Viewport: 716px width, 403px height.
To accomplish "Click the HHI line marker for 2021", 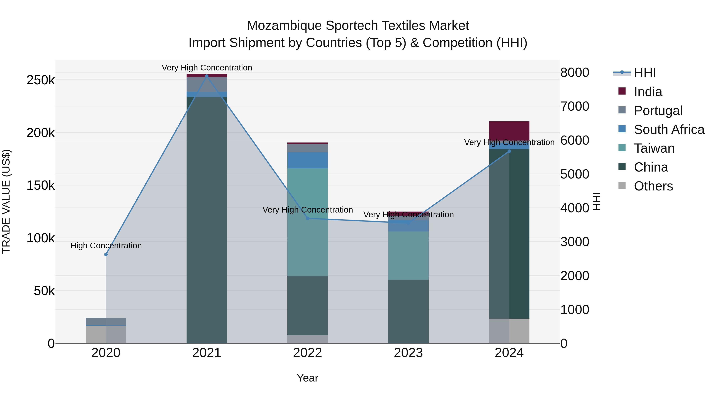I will (206, 76).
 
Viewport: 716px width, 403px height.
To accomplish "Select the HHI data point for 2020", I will (106, 255).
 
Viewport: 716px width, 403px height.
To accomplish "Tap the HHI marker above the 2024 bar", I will (509, 151).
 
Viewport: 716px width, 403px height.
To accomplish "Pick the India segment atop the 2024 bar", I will (509, 131).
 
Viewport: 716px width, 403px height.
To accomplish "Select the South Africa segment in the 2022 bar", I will (307, 160).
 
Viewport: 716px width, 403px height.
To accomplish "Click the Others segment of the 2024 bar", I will (509, 331).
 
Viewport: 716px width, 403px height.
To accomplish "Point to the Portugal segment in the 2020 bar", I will (106, 322).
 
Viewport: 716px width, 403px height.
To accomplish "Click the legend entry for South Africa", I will (669, 130).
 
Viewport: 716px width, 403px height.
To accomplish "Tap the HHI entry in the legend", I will (645, 73).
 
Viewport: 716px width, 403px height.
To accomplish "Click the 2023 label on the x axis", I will (408, 353).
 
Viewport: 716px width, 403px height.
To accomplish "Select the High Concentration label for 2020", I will (106, 246).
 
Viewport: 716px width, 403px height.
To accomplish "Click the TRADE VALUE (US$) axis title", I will (6, 201).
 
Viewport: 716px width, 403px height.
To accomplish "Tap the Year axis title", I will (307, 378).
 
